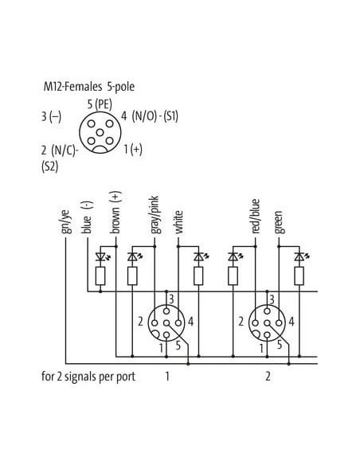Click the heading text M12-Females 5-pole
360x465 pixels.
89,87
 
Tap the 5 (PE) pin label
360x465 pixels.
100,104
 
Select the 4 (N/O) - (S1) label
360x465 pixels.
150,116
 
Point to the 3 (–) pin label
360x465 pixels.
51,116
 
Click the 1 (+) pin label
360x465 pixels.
133,149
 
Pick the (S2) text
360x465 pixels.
50,167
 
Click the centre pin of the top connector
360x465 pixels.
100,132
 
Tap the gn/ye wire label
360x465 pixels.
65,221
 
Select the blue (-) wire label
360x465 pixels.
87,217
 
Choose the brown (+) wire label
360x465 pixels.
115,213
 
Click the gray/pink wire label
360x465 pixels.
155,215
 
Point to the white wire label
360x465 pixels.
178,222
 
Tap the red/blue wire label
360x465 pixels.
256,217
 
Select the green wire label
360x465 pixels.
279,222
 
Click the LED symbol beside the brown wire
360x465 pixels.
102,256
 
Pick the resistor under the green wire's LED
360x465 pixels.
299,275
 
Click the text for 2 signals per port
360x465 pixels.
88,377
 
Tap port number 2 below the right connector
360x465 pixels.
268,377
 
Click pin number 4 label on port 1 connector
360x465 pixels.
190,322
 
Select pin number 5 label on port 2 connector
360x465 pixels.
280,345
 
